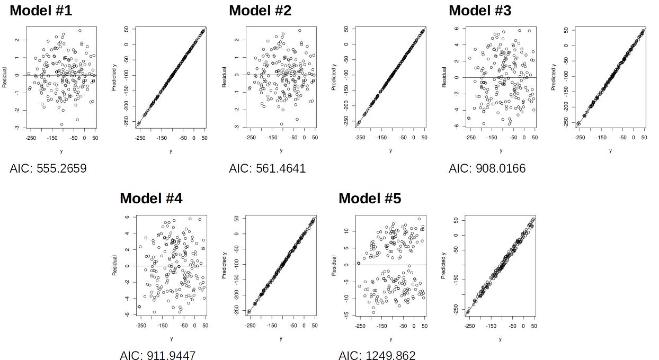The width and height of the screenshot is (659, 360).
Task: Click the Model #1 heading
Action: click(41, 11)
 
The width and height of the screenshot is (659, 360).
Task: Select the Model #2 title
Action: click(260, 11)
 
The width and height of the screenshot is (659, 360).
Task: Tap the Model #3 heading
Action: click(480, 11)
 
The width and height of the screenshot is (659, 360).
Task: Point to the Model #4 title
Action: click(151, 199)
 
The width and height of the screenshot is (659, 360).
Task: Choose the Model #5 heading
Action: click(370, 199)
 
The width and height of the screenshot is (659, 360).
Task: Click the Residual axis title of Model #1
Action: click(5, 77)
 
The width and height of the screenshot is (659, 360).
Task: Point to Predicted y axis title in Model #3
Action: click(554, 77)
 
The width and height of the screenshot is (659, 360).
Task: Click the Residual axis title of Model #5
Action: click(334, 266)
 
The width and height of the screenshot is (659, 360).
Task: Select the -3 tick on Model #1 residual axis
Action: click(17, 128)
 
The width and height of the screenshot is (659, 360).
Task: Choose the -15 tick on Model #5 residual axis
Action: click(346, 315)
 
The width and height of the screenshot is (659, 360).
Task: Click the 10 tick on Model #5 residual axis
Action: click(346, 231)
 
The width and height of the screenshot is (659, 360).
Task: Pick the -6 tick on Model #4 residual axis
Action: click(127, 314)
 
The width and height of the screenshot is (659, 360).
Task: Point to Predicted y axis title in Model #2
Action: click(334, 77)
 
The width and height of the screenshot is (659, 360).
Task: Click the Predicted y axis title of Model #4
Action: click(225, 266)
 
